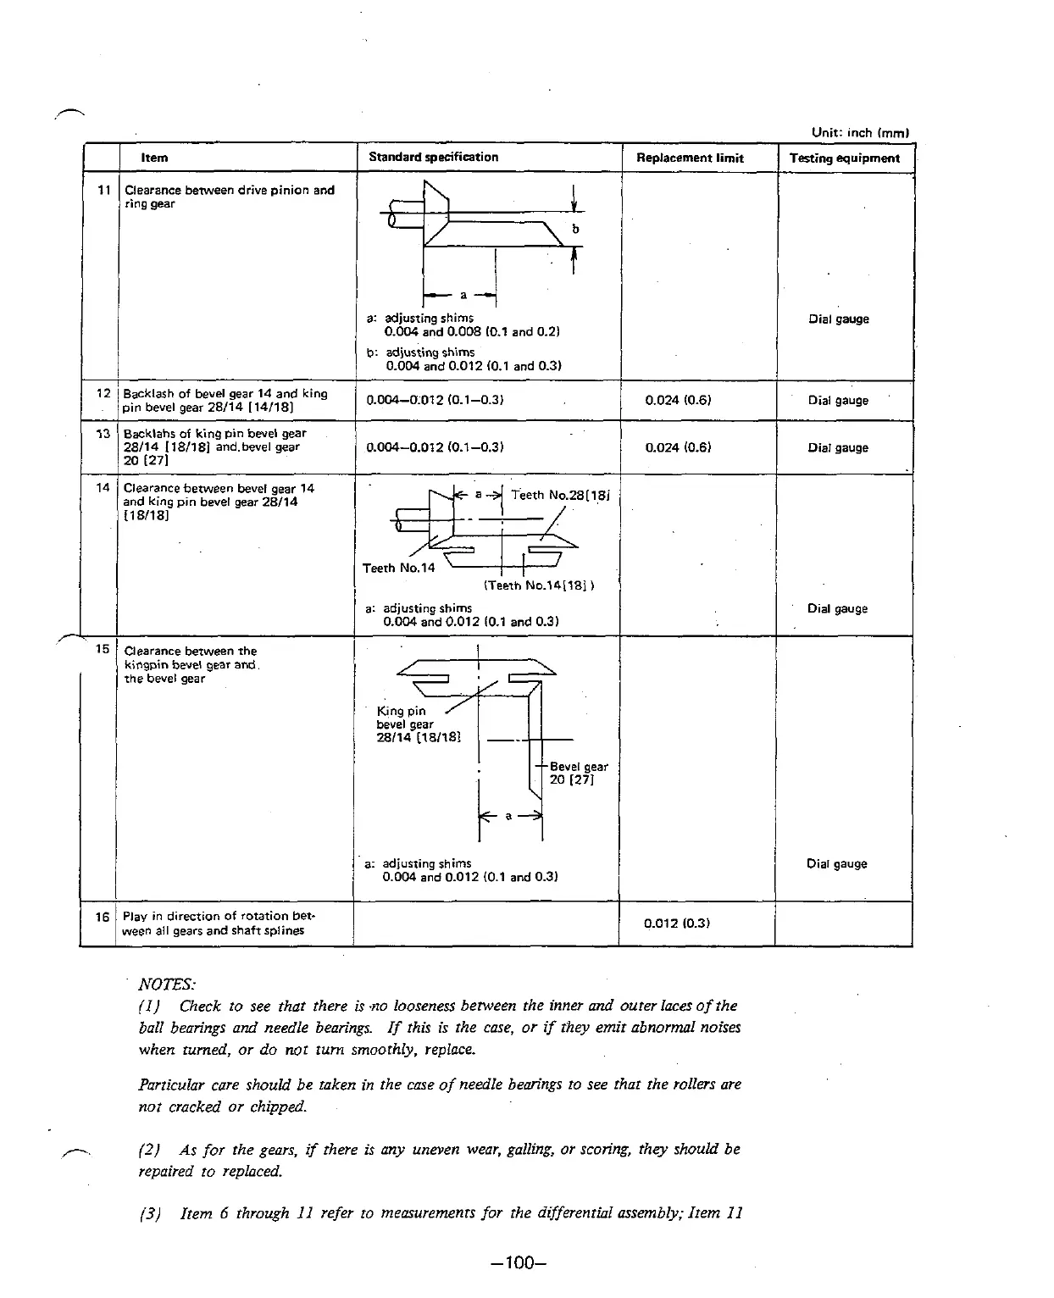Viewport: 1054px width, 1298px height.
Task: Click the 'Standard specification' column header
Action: click(x=433, y=157)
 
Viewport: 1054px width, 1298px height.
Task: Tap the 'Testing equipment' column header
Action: click(x=844, y=158)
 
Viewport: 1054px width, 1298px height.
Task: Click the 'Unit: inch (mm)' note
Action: click(x=859, y=132)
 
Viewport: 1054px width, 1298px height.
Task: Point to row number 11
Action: click(x=103, y=190)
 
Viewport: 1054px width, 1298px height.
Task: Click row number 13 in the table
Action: click(x=103, y=434)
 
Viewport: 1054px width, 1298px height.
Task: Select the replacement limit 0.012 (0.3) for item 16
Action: click(x=676, y=924)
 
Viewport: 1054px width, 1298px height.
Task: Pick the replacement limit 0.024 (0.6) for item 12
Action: click(x=678, y=400)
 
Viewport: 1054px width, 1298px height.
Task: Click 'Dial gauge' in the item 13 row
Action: click(x=837, y=447)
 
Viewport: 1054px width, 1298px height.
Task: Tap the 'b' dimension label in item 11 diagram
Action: click(x=576, y=229)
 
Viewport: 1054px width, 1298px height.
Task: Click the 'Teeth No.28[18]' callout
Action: click(x=560, y=495)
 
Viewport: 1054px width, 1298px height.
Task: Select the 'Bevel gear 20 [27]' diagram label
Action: click(x=578, y=773)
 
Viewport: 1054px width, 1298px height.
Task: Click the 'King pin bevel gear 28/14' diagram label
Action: click(x=417, y=724)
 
